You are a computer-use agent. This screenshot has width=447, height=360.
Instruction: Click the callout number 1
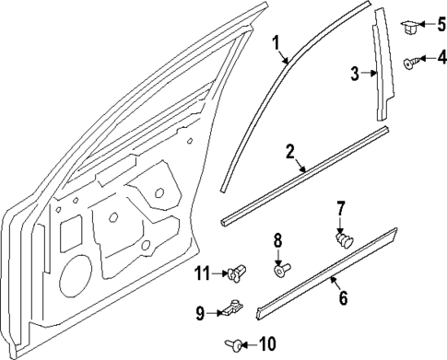point(276,42)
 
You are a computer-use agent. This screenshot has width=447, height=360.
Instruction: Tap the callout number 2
point(290,151)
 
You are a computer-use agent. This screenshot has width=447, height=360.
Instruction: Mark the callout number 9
point(200,313)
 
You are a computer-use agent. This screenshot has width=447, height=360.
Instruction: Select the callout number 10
point(267,344)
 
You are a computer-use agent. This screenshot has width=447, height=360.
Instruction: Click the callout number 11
point(201,273)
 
